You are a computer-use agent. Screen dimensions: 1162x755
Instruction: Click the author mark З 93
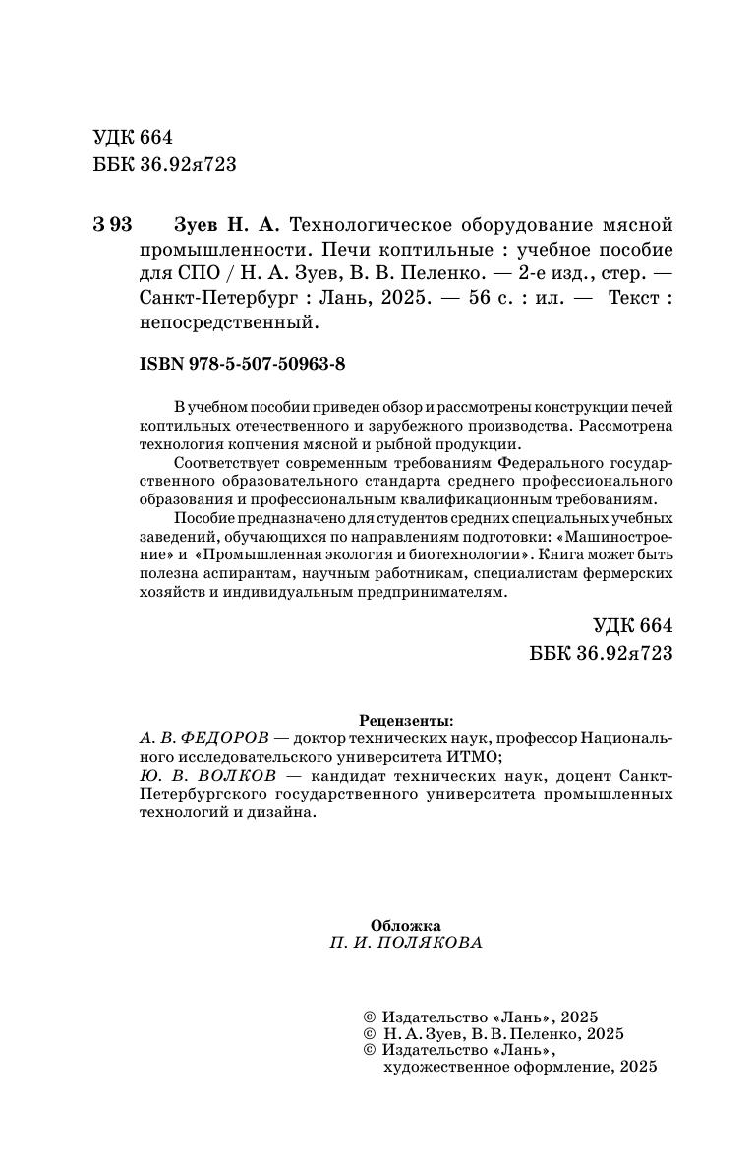[x=112, y=223]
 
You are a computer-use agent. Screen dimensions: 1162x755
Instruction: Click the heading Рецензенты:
[x=407, y=720]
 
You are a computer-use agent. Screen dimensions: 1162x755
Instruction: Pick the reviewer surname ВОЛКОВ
[x=221, y=776]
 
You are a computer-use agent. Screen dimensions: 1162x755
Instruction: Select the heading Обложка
[x=406, y=925]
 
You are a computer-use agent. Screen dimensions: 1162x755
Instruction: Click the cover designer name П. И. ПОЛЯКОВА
[x=407, y=943]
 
